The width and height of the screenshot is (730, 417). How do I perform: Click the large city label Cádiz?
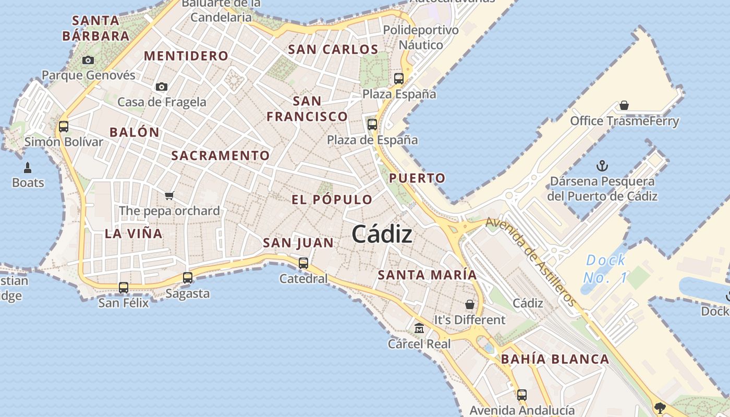pyautogui.click(x=382, y=235)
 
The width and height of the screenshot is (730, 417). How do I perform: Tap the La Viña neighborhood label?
pyautogui.click(x=133, y=234)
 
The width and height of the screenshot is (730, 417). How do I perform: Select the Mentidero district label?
pyautogui.click(x=186, y=56)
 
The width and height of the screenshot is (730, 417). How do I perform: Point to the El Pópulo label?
pyautogui.click(x=332, y=200)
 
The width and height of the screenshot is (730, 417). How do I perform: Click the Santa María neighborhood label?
pyautogui.click(x=427, y=275)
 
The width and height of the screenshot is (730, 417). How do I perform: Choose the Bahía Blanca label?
pyautogui.click(x=555, y=359)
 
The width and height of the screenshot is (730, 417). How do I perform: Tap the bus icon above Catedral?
pyautogui.click(x=303, y=263)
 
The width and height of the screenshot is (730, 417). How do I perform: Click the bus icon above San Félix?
pyautogui.click(x=124, y=287)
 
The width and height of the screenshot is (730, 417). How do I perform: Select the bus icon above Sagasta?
pyautogui.click(x=188, y=278)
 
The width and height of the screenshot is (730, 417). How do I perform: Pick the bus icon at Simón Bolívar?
pyautogui.click(x=64, y=126)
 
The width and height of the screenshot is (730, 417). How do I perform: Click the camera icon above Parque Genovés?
pyautogui.click(x=88, y=60)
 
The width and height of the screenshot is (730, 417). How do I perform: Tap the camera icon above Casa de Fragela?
pyautogui.click(x=162, y=87)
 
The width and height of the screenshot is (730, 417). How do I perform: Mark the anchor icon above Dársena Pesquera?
pyautogui.click(x=602, y=166)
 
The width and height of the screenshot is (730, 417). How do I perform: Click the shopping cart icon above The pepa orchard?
pyautogui.click(x=169, y=196)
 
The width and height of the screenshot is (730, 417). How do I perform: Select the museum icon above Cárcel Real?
pyautogui.click(x=419, y=328)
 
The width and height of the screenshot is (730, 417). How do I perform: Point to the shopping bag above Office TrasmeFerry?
pyautogui.click(x=624, y=106)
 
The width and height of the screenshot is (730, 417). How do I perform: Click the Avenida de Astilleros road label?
pyautogui.click(x=531, y=261)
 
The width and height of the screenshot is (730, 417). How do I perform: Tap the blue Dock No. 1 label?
pyautogui.click(x=605, y=269)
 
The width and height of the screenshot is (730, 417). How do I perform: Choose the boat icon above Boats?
pyautogui.click(x=28, y=168)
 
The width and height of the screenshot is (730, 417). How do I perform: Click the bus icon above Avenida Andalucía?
pyautogui.click(x=522, y=395)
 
